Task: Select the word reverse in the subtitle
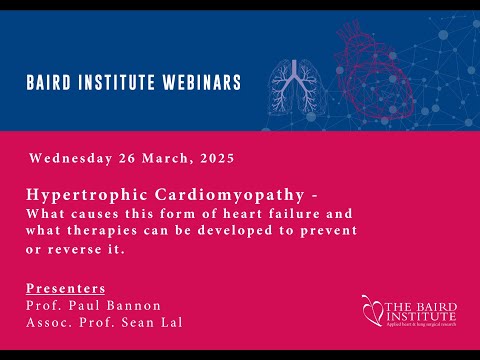click(90, 248)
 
